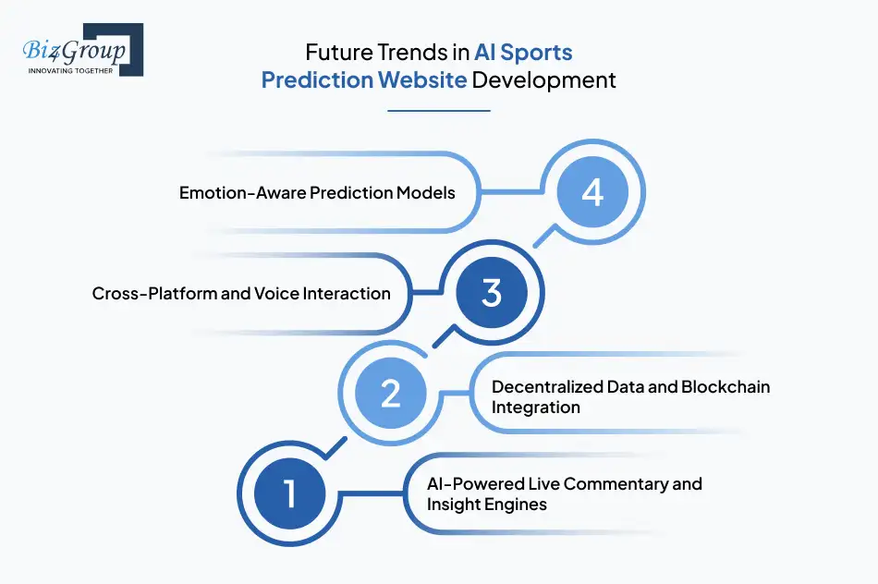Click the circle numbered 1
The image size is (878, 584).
pos(289,493)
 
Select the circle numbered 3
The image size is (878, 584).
pos(491,293)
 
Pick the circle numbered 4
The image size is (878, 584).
pos(591,192)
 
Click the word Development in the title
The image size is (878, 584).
pos(543,79)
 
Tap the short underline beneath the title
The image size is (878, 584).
pos(438,110)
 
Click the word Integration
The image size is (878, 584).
pos(535,408)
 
